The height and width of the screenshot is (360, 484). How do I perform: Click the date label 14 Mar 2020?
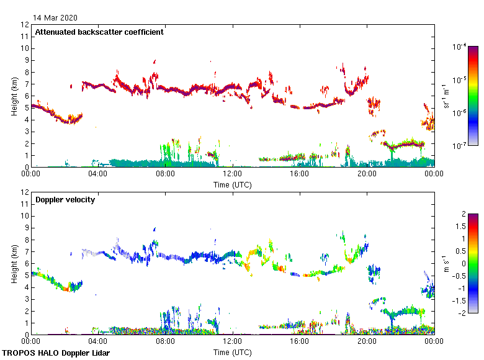[56, 17]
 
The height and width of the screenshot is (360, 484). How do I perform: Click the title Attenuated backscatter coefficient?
[99, 32]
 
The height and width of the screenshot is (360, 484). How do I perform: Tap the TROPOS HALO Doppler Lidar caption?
[53, 353]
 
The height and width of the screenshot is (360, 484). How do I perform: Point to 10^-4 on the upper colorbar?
[459, 47]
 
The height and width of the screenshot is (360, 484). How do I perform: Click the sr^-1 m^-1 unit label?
[446, 96]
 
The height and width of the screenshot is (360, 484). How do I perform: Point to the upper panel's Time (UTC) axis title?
[232, 184]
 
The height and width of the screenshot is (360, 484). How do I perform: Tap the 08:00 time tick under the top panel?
[165, 174]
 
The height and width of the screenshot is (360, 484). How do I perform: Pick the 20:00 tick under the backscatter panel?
[367, 174]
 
